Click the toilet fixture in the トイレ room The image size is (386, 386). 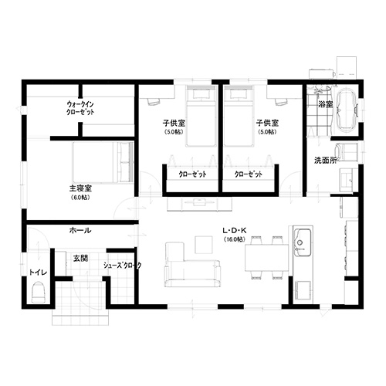click(38, 292)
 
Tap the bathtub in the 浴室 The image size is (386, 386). click(346, 110)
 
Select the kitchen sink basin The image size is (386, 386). click(303, 242)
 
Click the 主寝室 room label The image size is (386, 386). click(80, 188)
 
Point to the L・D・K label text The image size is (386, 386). click(235, 231)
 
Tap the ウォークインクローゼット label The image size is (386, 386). click(80, 108)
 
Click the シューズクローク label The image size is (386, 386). click(123, 266)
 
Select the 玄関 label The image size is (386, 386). click(80, 258)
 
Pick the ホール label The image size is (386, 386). click(80, 230)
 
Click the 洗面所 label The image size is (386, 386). click(326, 161)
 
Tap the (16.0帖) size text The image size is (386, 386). click(235, 239)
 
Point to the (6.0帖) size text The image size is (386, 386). click(80, 198)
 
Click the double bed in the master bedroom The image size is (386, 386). click(103, 163)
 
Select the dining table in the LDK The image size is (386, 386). click(266, 258)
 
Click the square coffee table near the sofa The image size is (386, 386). click(204, 245)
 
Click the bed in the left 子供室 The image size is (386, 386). click(201, 116)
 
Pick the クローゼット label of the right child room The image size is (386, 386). click(249, 174)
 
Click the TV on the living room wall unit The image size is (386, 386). click(199, 201)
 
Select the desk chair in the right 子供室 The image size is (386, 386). click(280, 102)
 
